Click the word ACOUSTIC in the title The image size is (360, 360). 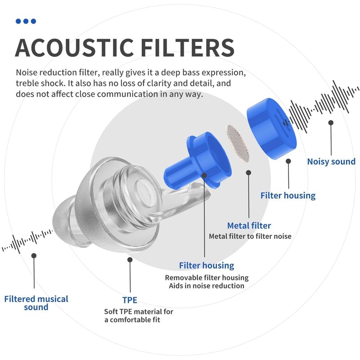[x=75, y=48]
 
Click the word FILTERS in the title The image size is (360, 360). [x=187, y=48]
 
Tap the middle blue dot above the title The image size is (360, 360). [x=26, y=21]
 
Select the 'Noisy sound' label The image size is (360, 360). [x=331, y=162]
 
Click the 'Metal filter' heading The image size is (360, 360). [x=249, y=226]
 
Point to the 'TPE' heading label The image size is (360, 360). [x=130, y=300]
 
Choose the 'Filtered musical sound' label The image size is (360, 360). [x=36, y=303]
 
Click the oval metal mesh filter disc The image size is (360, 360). [x=238, y=143]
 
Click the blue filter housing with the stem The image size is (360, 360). [x=198, y=161]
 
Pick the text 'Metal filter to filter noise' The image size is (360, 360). [x=250, y=236]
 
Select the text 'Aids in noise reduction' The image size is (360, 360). [x=207, y=286]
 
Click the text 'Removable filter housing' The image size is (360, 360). [x=207, y=278]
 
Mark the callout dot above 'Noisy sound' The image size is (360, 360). [x=331, y=122]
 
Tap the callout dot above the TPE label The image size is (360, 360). [x=130, y=260]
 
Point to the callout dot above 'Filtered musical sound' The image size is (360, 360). [x=34, y=256]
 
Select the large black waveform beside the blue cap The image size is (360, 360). [x=321, y=107]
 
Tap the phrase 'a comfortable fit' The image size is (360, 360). [x=132, y=320]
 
